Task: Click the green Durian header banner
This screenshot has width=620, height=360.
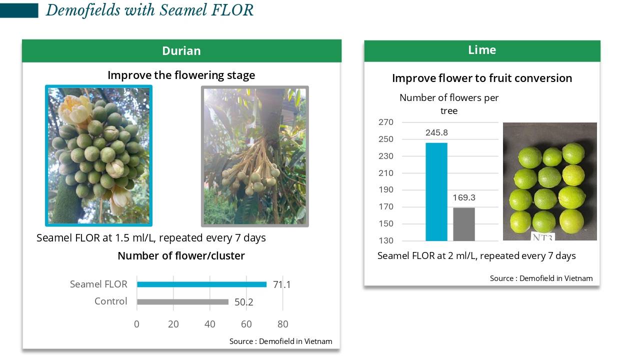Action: click(x=181, y=51)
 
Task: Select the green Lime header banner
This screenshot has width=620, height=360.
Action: click(x=482, y=51)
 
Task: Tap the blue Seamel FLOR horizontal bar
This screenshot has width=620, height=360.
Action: click(x=202, y=284)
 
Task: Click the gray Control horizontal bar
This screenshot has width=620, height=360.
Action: click(x=182, y=301)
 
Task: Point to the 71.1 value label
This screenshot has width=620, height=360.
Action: click(x=282, y=284)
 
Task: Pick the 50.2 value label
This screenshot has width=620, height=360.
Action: click(x=244, y=302)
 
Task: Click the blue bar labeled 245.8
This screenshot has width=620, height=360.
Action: click(x=436, y=192)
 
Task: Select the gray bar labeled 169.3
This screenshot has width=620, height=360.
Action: click(x=464, y=224)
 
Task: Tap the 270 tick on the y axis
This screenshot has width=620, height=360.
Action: click(x=386, y=122)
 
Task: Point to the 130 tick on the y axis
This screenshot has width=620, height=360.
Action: click(x=386, y=240)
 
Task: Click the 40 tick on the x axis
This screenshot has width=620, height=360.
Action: click(x=210, y=324)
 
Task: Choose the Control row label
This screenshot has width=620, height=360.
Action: click(x=110, y=301)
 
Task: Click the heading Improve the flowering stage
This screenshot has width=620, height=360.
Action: click(x=181, y=75)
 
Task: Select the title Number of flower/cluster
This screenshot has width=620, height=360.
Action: click(x=181, y=256)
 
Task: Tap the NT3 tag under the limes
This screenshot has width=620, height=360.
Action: click(x=543, y=237)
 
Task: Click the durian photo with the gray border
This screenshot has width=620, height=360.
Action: click(x=255, y=156)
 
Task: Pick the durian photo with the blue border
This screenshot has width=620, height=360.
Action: click(x=99, y=156)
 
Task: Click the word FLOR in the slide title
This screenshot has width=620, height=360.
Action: click(x=232, y=10)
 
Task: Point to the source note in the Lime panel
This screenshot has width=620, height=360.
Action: click(x=541, y=278)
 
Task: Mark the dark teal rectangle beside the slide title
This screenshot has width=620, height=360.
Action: click(x=19, y=10)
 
